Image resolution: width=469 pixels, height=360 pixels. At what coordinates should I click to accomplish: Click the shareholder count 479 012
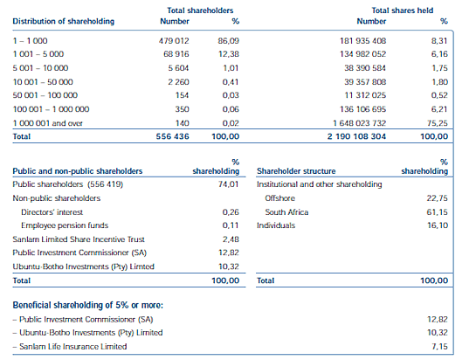pos(174,41)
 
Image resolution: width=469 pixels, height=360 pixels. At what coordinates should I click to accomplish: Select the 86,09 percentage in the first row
pos(228,41)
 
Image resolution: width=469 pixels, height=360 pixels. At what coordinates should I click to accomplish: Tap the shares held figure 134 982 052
pos(362,54)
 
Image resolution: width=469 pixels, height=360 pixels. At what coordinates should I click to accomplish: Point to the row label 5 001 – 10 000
pos(40,68)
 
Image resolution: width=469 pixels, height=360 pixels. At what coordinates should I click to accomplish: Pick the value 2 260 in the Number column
pos(178,82)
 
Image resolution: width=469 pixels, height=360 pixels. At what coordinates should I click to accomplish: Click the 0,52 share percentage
pos(439,95)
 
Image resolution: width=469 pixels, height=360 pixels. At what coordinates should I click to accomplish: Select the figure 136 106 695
pos(362,109)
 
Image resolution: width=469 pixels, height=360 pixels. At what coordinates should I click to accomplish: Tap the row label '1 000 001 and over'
pos(47,123)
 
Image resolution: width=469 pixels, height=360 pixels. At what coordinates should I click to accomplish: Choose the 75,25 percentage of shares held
pos(438,123)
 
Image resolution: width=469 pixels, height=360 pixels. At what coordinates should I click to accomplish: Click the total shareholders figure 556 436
pos(173,137)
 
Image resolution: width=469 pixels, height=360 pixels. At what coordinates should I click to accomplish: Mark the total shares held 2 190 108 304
pos(356,137)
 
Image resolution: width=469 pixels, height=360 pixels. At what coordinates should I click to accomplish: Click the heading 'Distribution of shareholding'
pos(64,22)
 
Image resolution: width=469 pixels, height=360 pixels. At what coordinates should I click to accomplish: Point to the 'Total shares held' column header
pos(403,10)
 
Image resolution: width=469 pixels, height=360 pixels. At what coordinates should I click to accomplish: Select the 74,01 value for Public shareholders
pos(228,184)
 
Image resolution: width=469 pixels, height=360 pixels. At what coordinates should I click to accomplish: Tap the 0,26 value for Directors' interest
pos(231,212)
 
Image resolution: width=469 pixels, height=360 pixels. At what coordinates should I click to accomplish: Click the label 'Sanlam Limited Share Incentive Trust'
pos(79,239)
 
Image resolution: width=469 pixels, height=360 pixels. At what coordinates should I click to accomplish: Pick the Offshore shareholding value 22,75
pos(438,198)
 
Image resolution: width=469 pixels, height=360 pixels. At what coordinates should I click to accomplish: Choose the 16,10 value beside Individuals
pos(438,225)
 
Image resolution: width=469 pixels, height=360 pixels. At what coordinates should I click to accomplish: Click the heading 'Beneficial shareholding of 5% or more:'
pos(88,305)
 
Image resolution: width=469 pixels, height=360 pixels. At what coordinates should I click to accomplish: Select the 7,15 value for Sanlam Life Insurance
pos(439,347)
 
